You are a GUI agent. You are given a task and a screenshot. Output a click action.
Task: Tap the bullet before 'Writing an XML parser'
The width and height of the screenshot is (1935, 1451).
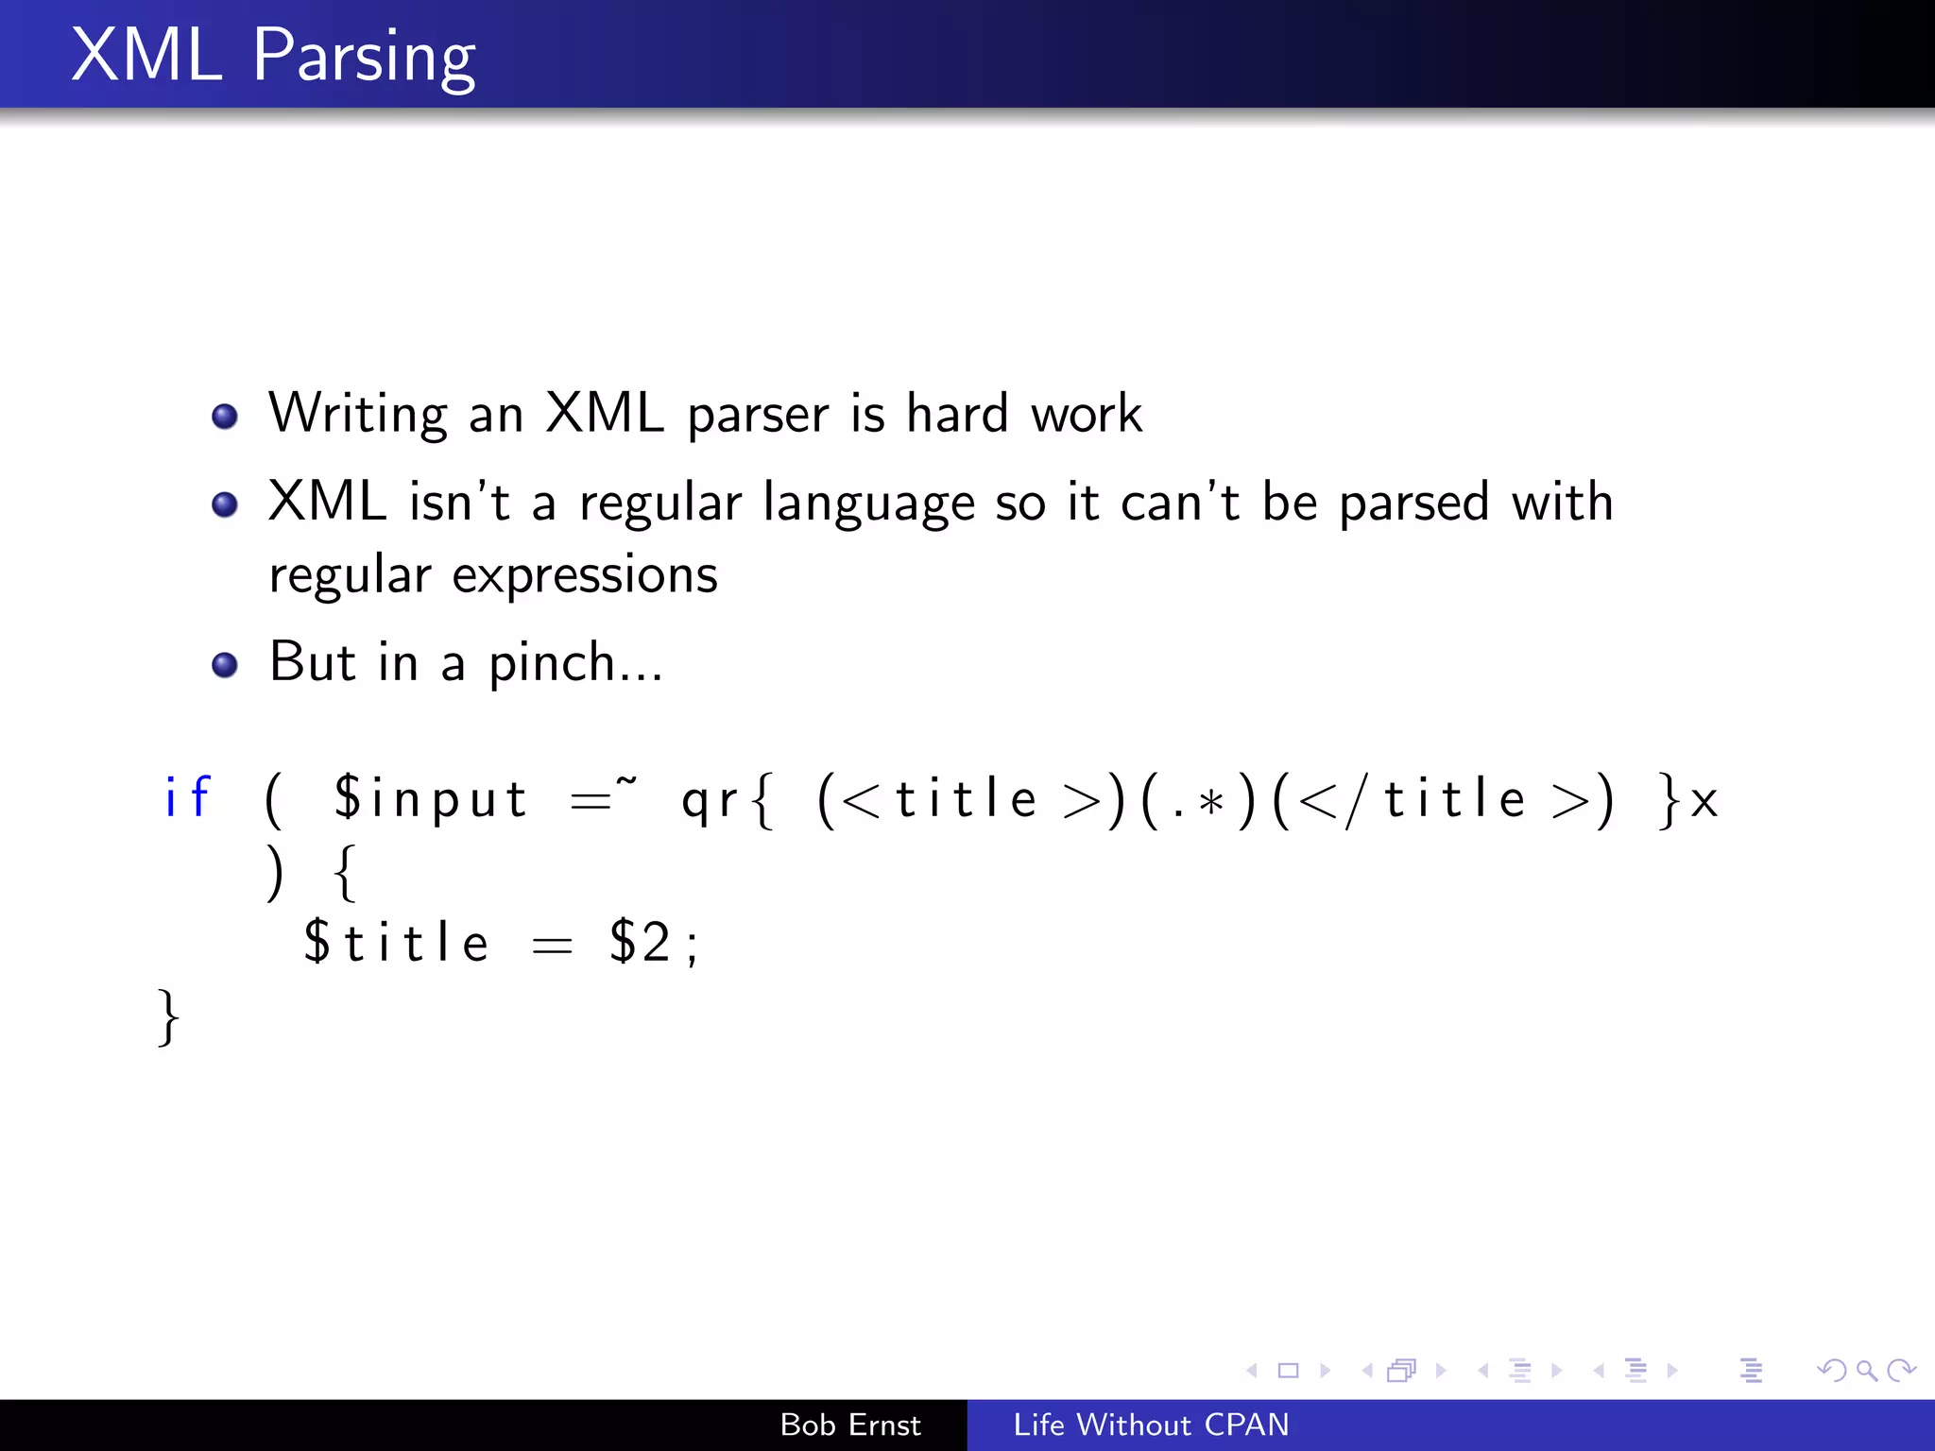point(225,417)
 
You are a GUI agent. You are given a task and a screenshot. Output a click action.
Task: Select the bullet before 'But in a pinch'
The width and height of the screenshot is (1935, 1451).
point(225,665)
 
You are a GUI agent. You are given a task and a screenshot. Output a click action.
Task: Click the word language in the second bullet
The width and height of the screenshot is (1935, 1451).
point(868,503)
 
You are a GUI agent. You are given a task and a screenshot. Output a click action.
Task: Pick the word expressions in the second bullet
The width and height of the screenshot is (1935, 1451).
point(585,576)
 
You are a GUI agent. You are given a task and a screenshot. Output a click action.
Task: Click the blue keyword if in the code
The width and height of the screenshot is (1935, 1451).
point(187,798)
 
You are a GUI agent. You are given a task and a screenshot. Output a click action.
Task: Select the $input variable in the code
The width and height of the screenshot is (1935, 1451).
point(430,799)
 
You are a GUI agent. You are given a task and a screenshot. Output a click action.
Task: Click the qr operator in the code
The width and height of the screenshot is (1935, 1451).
point(711,801)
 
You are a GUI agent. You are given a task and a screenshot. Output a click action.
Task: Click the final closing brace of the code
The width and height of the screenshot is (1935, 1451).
point(168,1017)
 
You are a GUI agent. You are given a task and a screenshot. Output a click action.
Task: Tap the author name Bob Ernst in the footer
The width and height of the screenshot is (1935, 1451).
point(849,1425)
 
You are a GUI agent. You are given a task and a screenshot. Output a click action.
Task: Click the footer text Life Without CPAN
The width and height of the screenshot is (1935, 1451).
point(1151,1425)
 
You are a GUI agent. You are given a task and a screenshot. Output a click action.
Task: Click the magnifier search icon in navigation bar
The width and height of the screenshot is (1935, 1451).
point(1866,1370)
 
